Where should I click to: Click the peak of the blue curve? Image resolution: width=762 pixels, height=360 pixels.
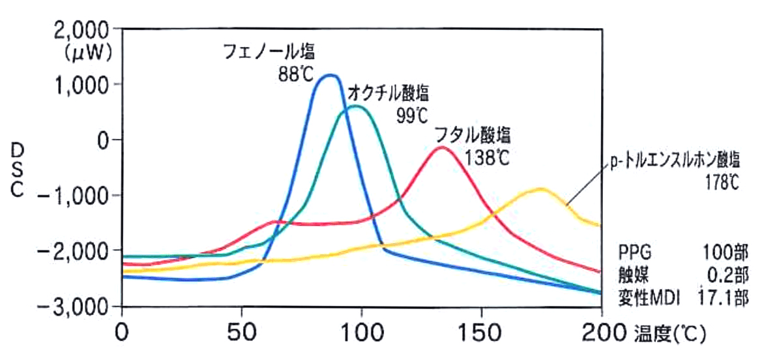[330, 75]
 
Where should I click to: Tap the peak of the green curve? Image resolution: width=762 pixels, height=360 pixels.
[355, 106]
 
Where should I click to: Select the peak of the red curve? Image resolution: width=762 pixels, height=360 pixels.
[443, 147]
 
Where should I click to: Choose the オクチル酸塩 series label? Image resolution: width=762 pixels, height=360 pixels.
[388, 93]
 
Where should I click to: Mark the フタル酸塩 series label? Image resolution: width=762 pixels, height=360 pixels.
[473, 136]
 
